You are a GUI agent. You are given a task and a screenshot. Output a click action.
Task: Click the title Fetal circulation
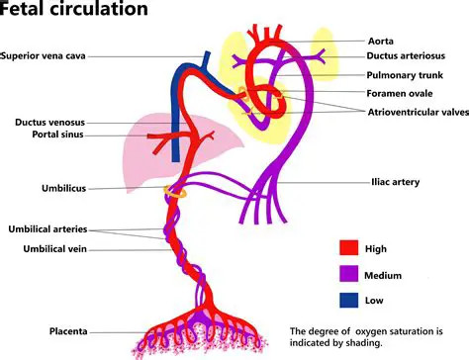[x=74, y=11]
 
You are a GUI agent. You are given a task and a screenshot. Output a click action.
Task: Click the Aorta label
[x=380, y=42]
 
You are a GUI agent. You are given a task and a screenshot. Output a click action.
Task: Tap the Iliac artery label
[x=393, y=182]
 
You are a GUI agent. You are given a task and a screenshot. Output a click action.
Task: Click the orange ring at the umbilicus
[x=175, y=192]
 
